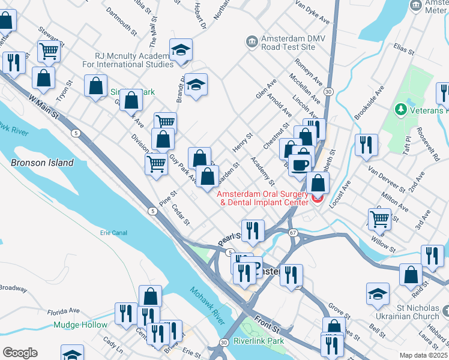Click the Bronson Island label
coord(42,163)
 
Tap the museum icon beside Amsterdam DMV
coord(251,41)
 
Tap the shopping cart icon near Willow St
coord(379,219)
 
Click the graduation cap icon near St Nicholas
coord(378,293)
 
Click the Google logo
coord(20,353)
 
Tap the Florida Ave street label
coord(64,311)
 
